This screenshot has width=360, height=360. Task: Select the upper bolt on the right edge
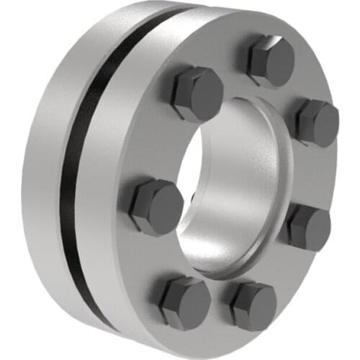point(315,122)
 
